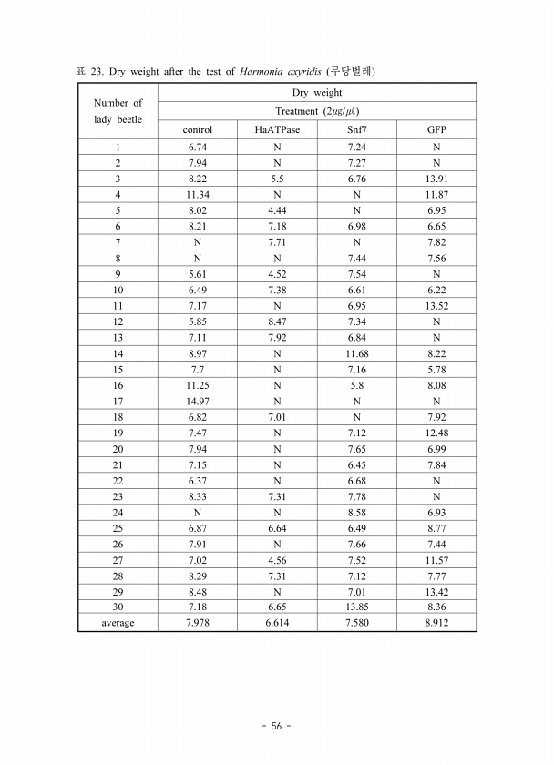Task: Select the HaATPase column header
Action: click(x=277, y=129)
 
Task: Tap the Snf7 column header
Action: click(x=356, y=129)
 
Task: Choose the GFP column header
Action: click(x=436, y=129)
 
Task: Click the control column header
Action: click(x=197, y=129)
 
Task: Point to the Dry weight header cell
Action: click(x=316, y=93)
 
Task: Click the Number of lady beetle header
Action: click(x=118, y=111)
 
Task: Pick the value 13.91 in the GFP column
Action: click(x=436, y=178)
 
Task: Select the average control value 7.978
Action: click(x=197, y=623)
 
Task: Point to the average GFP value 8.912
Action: click(x=436, y=623)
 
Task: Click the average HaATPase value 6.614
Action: click(x=277, y=623)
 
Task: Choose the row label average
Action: click(x=118, y=623)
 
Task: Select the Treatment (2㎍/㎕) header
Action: click(x=316, y=111)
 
